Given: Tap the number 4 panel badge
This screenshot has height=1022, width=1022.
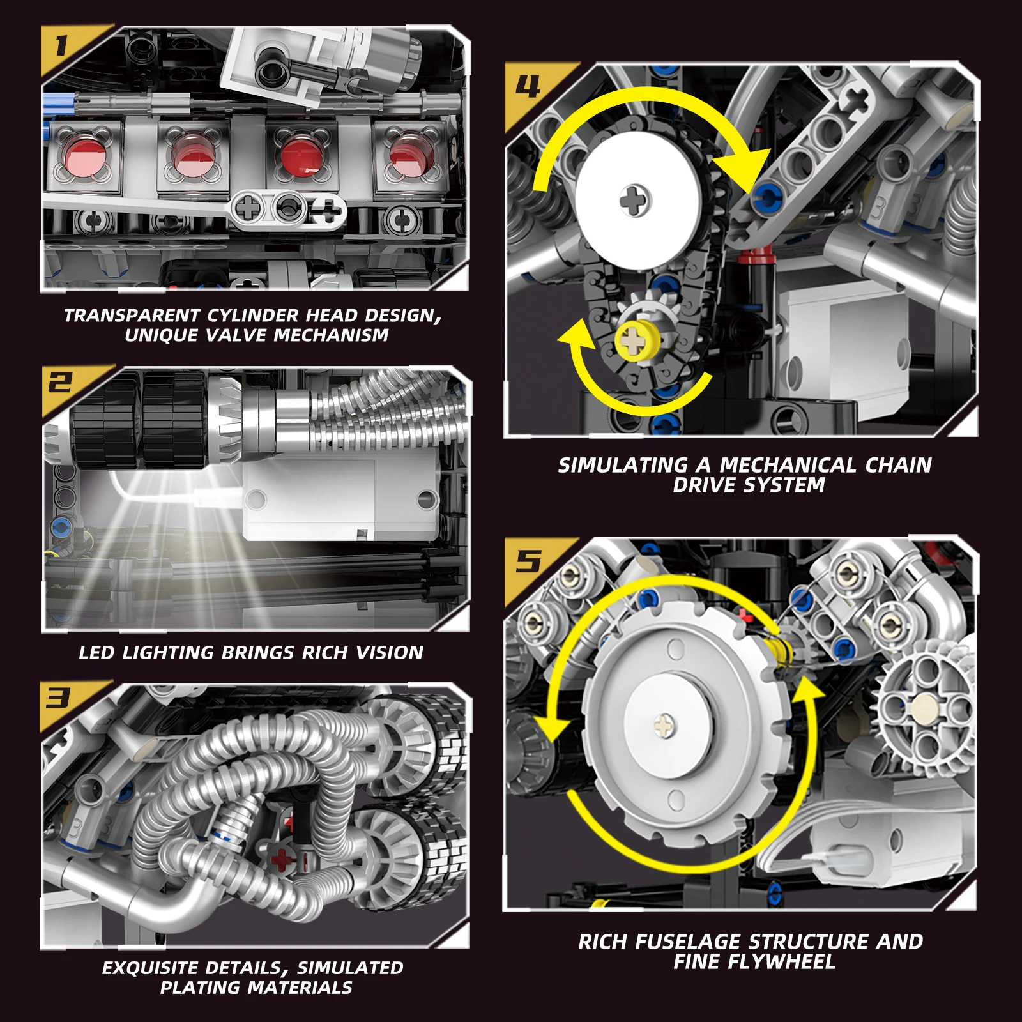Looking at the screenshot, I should pos(528,86).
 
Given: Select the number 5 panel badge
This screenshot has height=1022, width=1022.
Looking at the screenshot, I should pos(528,561).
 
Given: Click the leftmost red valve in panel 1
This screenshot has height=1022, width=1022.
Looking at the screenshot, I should pos(85,157).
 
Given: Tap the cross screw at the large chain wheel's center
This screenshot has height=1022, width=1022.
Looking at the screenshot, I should pos(635,200).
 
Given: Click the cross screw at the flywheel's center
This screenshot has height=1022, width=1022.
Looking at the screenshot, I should pos(665,725).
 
